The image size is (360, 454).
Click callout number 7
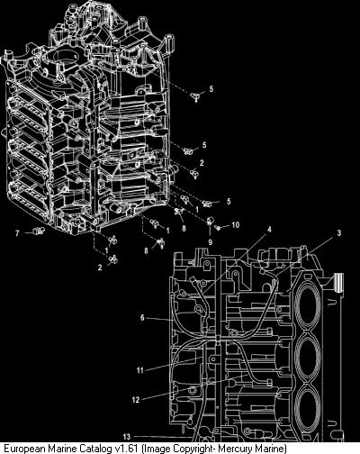17,233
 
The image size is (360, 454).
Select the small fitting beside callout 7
38,231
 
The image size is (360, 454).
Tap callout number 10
236,224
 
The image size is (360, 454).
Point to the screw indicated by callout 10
219,228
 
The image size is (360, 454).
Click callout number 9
210,242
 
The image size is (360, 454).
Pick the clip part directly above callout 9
210,222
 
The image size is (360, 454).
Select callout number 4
269,230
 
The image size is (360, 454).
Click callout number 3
339,233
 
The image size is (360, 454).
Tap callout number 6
142,318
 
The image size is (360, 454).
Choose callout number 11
140,370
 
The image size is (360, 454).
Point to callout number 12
136,400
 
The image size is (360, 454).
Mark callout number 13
127,436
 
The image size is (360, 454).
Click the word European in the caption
25,449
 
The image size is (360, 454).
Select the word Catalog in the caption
96,449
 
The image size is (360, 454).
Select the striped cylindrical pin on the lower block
338,282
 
